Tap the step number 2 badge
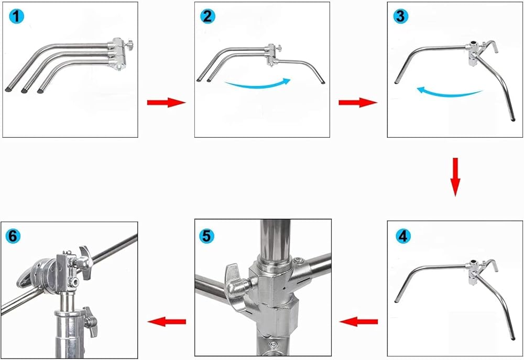click(208, 17)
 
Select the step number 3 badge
click(401, 17)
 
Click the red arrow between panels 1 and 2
click(166, 102)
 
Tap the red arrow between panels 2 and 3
click(358, 102)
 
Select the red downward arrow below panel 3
click(455, 177)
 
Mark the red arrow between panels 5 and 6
click(167, 321)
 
